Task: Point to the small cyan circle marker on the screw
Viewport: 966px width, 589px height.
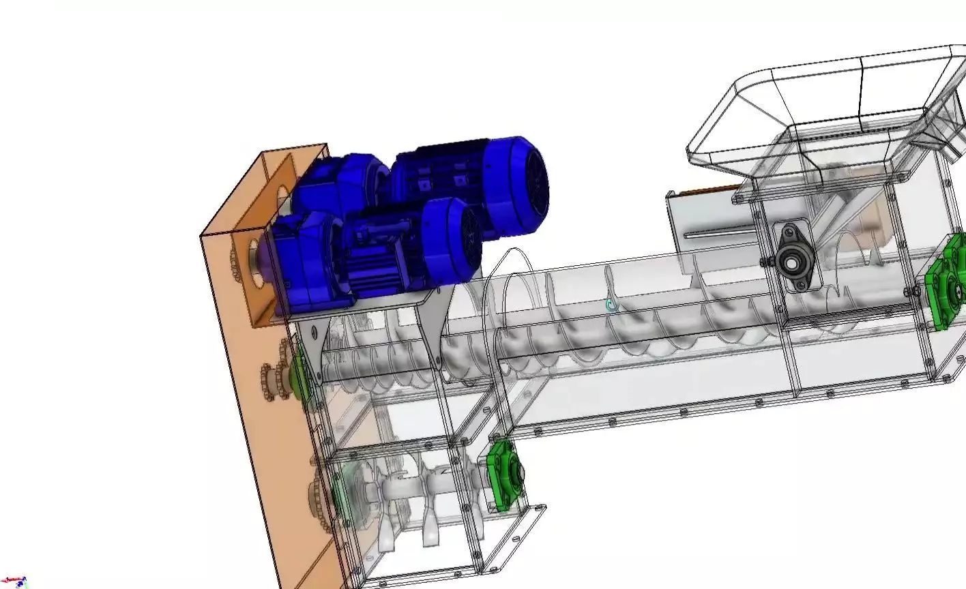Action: tap(611, 307)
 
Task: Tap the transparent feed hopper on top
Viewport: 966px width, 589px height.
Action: tap(819, 109)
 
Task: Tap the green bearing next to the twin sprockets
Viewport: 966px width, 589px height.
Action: tap(298, 375)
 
